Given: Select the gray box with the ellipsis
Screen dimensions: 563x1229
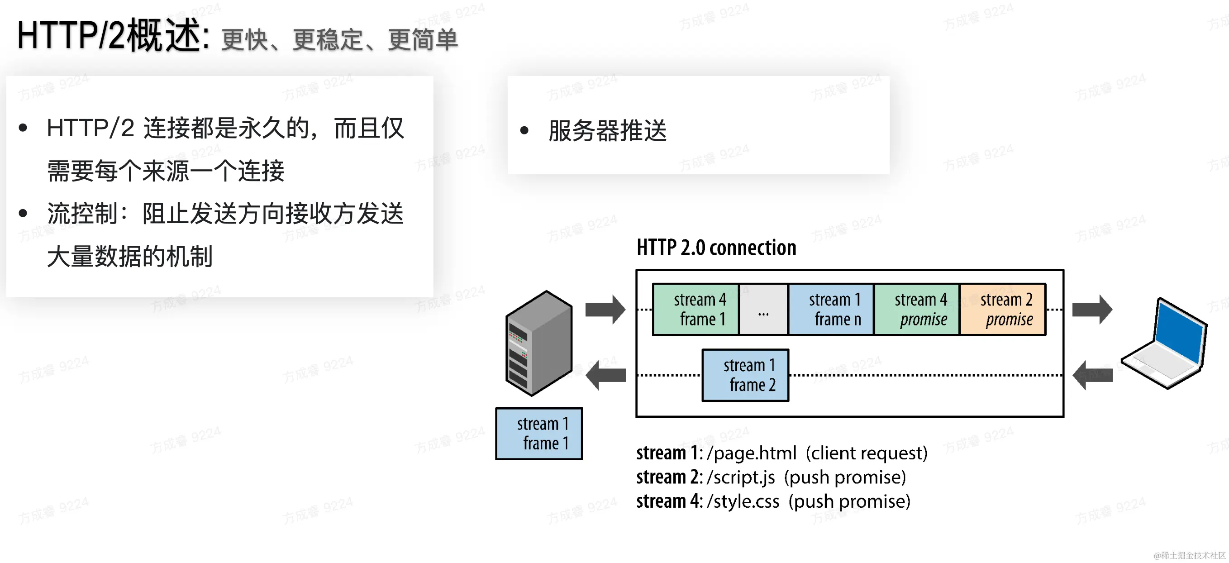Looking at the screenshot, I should pos(763,309).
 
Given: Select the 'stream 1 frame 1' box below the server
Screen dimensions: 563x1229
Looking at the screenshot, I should pos(538,433).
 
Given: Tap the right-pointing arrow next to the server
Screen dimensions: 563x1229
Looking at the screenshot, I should pos(605,309).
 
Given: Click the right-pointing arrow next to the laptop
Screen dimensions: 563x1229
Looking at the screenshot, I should pos(1091,309).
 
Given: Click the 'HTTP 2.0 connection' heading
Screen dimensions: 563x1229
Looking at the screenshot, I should pos(716,248).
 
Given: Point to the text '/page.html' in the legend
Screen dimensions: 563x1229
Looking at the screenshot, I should pos(752,453).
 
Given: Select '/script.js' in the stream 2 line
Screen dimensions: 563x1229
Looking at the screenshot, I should pos(741,477).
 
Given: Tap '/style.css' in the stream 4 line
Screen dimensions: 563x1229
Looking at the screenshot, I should pos(743,501).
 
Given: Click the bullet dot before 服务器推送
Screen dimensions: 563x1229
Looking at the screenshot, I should pos(524,130).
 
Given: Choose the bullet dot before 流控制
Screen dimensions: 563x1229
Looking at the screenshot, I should pos(23,213).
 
